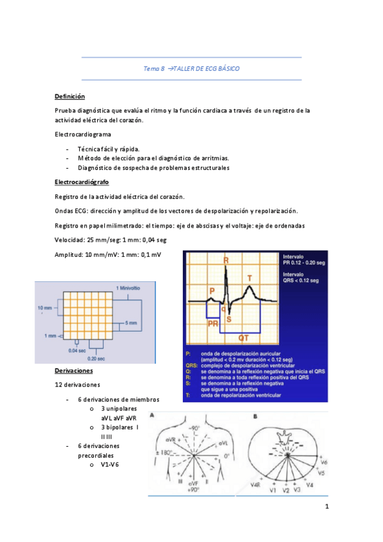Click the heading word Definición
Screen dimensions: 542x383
[70, 97]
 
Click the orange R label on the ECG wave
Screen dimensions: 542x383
[226, 261]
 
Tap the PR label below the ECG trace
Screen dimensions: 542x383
[213, 324]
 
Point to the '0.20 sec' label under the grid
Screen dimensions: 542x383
[97, 359]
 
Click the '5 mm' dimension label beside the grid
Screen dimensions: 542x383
[130, 323]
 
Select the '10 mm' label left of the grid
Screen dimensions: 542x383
[44, 308]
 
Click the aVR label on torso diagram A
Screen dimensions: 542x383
[170, 422]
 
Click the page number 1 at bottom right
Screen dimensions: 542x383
[327, 507]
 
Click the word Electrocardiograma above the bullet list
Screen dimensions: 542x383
[83, 134]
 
